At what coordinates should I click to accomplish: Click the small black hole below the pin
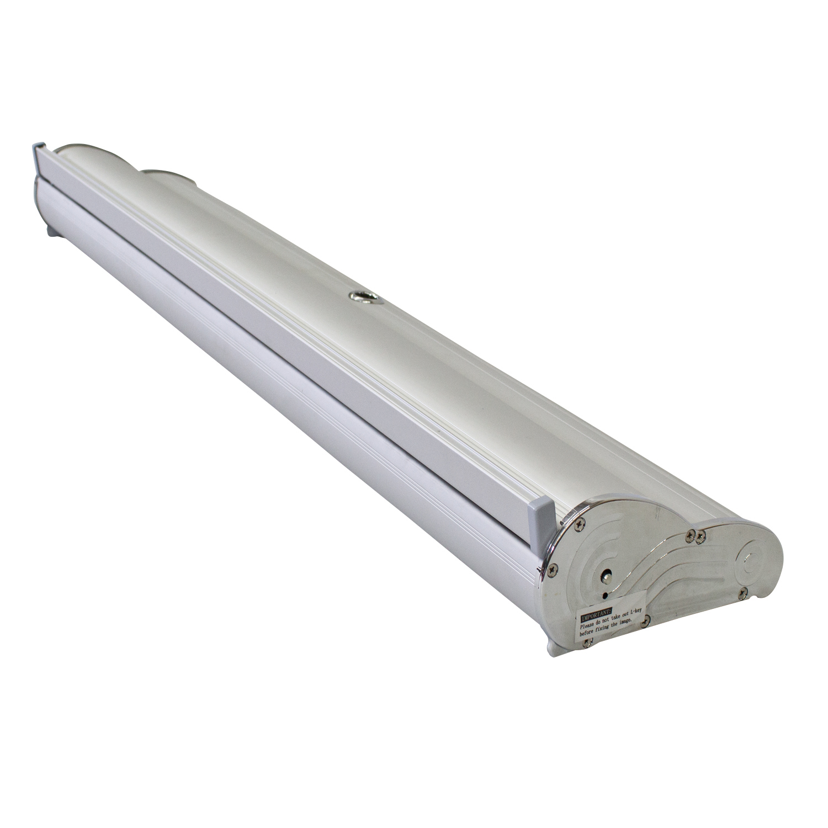click(x=605, y=595)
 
